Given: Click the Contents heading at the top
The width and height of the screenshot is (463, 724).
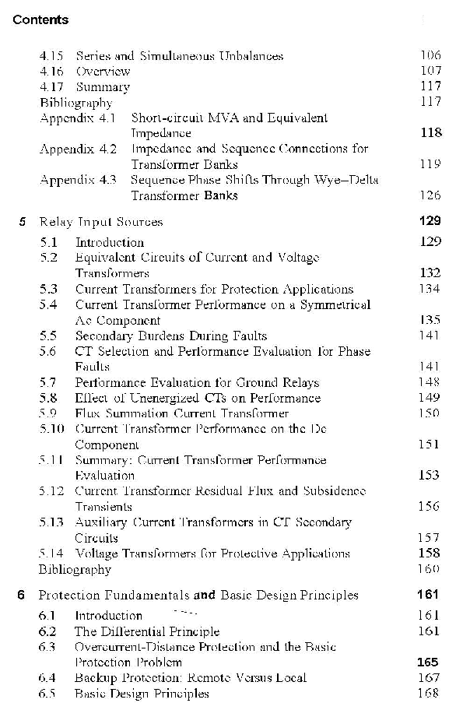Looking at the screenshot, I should pyautogui.click(x=40, y=20).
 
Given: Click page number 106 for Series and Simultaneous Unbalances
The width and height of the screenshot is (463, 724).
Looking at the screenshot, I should pyautogui.click(x=430, y=55).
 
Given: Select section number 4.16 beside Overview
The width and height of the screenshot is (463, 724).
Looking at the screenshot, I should pyautogui.click(x=51, y=71).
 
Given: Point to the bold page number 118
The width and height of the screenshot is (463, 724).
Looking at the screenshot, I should pyautogui.click(x=430, y=133).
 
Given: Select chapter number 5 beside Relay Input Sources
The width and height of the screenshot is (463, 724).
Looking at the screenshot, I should pyautogui.click(x=23, y=222).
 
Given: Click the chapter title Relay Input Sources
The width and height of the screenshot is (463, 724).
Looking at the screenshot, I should pyautogui.click(x=101, y=222).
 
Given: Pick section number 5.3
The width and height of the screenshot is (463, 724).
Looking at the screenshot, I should pyautogui.click(x=48, y=290).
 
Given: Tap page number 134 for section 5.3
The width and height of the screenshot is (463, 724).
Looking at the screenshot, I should pyautogui.click(x=430, y=290).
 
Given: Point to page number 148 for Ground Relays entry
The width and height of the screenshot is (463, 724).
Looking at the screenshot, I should pyautogui.click(x=430, y=383).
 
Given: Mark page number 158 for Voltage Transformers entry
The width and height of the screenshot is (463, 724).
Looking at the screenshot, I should pyautogui.click(x=430, y=554).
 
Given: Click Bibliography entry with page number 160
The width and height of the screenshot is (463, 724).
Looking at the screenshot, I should pyautogui.click(x=75, y=570).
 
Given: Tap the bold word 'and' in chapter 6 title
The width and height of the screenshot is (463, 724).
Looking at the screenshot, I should pyautogui.click(x=205, y=596).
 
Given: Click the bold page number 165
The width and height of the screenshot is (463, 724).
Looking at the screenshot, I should pyautogui.click(x=429, y=662).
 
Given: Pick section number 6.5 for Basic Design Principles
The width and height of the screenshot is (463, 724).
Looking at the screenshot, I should pyautogui.click(x=48, y=694).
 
